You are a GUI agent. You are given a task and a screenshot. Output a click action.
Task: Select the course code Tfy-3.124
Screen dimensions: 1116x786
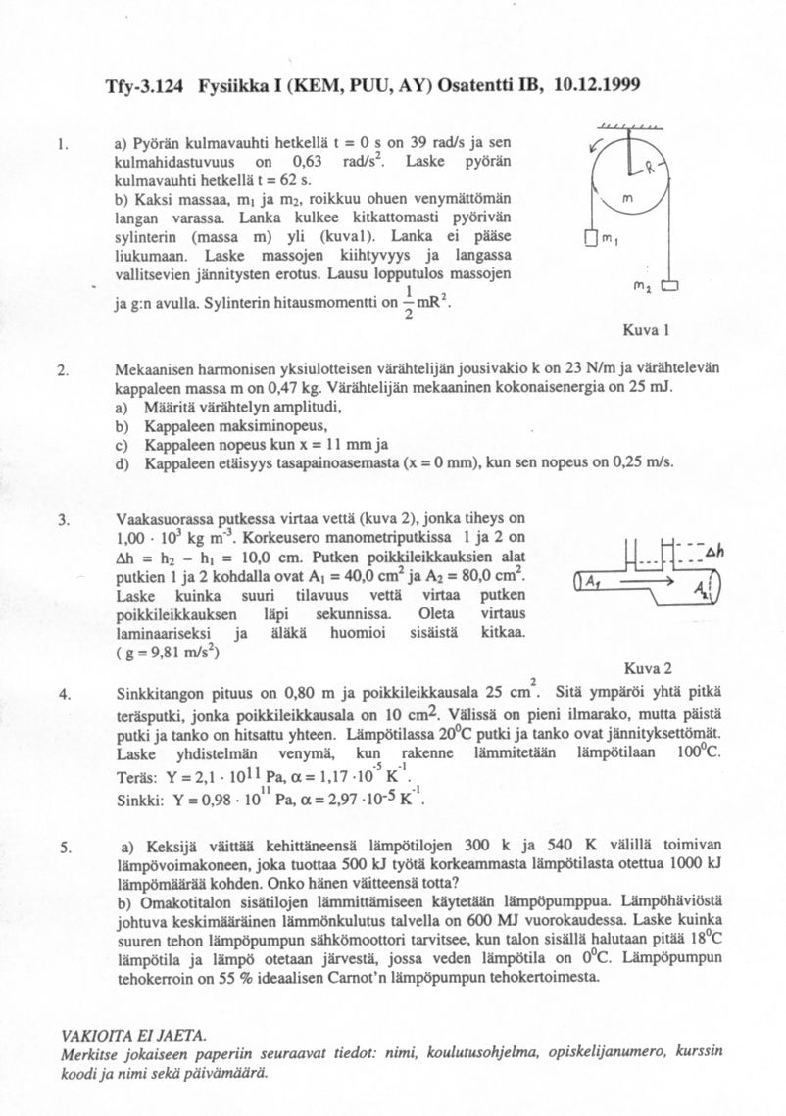coord(146,85)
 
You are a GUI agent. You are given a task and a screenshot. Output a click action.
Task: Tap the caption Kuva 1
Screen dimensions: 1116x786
coord(646,328)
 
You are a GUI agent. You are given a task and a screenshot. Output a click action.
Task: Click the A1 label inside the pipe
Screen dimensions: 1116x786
coord(594,582)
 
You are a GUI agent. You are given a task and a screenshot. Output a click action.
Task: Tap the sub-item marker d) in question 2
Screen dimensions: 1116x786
coord(122,462)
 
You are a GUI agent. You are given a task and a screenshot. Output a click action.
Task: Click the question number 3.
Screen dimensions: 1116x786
coord(63,519)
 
